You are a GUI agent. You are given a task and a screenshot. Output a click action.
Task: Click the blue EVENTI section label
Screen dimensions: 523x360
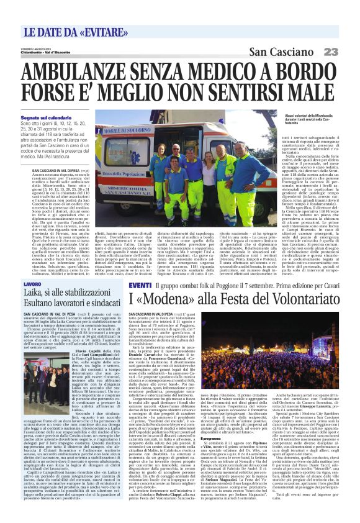pyautogui.click(x=140, y=284)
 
